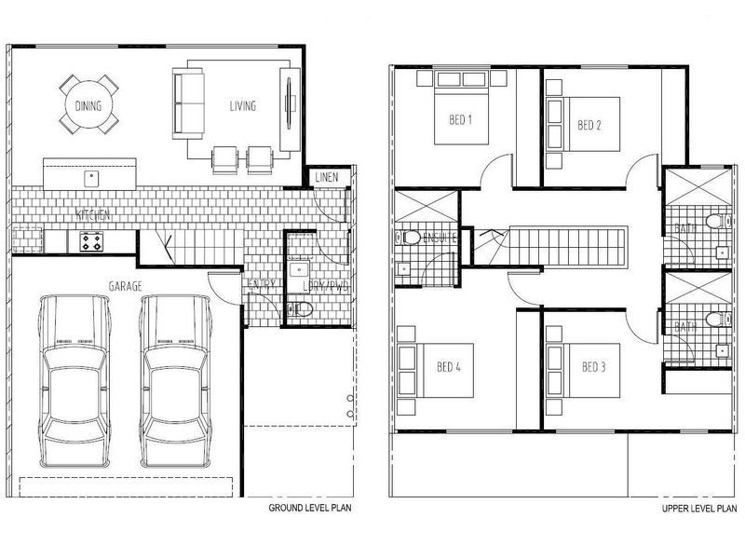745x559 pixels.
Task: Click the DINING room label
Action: pos(88,106)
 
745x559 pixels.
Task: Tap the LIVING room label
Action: pos(243,106)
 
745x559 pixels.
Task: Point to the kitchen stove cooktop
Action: pos(90,242)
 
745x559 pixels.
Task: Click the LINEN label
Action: pos(326,177)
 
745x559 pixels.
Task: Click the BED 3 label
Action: pos(594,367)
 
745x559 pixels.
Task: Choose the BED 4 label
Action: pos(449,367)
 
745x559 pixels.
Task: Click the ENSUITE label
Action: pos(439,237)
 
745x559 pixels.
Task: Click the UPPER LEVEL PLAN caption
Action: pos(699,509)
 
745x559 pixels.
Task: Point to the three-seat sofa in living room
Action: pos(188,102)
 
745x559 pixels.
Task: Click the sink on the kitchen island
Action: pos(91,176)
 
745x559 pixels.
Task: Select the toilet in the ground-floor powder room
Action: pos(299,309)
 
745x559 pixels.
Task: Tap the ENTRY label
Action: pos(261,285)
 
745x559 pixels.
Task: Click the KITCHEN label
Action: pos(93,215)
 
